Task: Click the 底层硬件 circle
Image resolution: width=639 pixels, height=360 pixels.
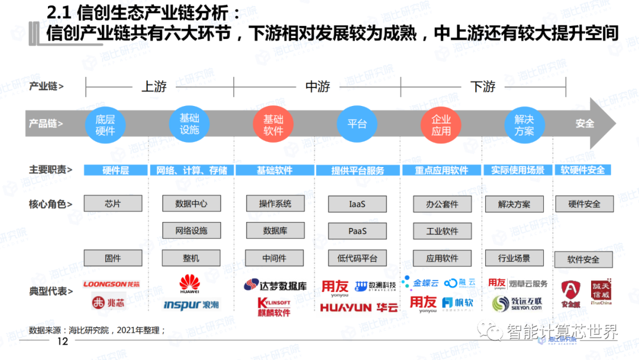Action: pos(105,125)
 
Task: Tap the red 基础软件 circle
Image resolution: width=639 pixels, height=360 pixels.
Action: pos(273,125)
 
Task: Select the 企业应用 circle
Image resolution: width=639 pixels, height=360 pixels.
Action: pos(441,125)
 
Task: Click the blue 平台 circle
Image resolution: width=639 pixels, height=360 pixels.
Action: pos(357,124)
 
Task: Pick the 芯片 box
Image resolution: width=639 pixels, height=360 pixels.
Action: pos(113,203)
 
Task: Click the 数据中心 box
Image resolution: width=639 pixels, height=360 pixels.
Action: pos(191,203)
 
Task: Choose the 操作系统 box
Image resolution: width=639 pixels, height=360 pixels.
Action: pos(275,203)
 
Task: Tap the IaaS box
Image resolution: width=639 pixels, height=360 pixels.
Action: pos(357,204)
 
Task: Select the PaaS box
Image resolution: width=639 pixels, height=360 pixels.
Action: pos(357,231)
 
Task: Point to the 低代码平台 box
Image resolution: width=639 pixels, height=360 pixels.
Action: pos(357,258)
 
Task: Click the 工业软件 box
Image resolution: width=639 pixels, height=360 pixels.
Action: pos(443,231)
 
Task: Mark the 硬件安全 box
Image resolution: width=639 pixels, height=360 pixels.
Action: pos(584,204)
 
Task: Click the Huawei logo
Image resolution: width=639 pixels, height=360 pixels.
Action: pos(189,284)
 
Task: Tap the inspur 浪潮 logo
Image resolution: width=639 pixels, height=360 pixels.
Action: pos(191,305)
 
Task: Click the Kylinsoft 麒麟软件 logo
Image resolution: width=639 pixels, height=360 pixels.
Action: pos(274,307)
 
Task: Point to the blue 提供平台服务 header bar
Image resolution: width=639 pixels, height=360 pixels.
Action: pos(357,170)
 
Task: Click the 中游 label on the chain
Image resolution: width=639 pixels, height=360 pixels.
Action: pos(318,86)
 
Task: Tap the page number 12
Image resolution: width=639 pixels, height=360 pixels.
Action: pos(62,342)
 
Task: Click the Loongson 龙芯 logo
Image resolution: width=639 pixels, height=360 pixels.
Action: pos(112,284)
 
